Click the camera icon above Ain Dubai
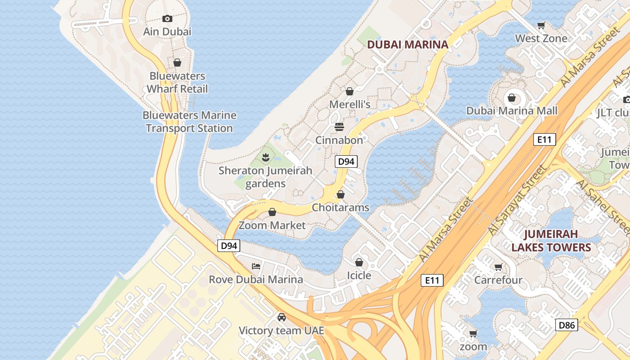(x=167, y=18)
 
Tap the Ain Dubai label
(x=167, y=31)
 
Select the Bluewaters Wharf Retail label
(x=177, y=82)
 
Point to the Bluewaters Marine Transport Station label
(x=189, y=121)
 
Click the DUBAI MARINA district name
(x=408, y=45)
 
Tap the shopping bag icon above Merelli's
(x=350, y=92)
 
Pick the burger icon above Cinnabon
(x=339, y=127)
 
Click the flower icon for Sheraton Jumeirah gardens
(x=265, y=157)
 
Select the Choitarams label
(x=341, y=207)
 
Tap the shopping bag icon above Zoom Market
(x=272, y=212)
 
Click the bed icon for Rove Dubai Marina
(x=256, y=266)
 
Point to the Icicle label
(x=359, y=275)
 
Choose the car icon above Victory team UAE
(x=282, y=317)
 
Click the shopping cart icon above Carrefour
(x=498, y=267)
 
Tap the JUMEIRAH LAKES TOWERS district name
(x=551, y=241)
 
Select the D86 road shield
(x=566, y=325)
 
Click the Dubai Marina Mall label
(x=512, y=111)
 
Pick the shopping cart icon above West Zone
(x=541, y=26)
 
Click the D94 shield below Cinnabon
(x=346, y=162)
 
